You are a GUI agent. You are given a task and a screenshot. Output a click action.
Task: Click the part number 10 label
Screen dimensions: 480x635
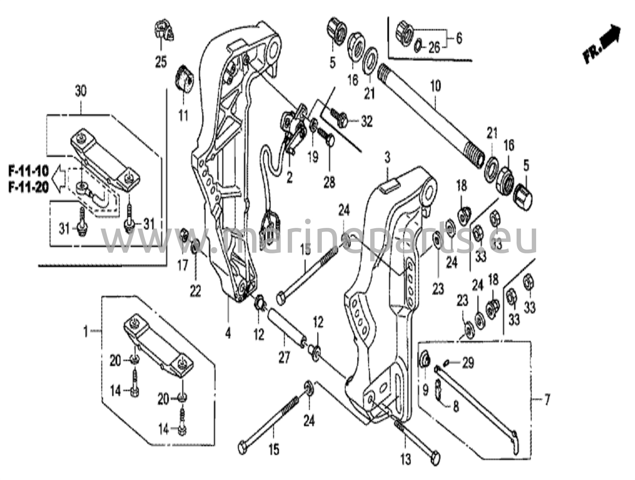pyautogui.click(x=436, y=86)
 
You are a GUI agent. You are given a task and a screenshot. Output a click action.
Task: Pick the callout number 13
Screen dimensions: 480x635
pyautogui.click(x=406, y=459)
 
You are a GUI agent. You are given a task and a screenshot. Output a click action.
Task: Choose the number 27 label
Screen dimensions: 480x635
pyautogui.click(x=284, y=358)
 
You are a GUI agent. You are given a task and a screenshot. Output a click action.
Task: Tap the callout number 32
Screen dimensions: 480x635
pyautogui.click(x=366, y=122)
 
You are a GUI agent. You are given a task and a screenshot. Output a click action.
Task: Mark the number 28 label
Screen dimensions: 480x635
pyautogui.click(x=329, y=182)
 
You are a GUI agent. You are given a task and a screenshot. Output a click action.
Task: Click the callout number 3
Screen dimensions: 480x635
pyautogui.click(x=387, y=159)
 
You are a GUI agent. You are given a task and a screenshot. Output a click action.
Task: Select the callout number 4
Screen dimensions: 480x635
pyautogui.click(x=228, y=333)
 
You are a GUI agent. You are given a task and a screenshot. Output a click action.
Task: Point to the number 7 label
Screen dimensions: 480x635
pyautogui.click(x=547, y=399)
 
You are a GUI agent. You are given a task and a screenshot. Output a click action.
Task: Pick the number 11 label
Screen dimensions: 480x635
pyautogui.click(x=183, y=116)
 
